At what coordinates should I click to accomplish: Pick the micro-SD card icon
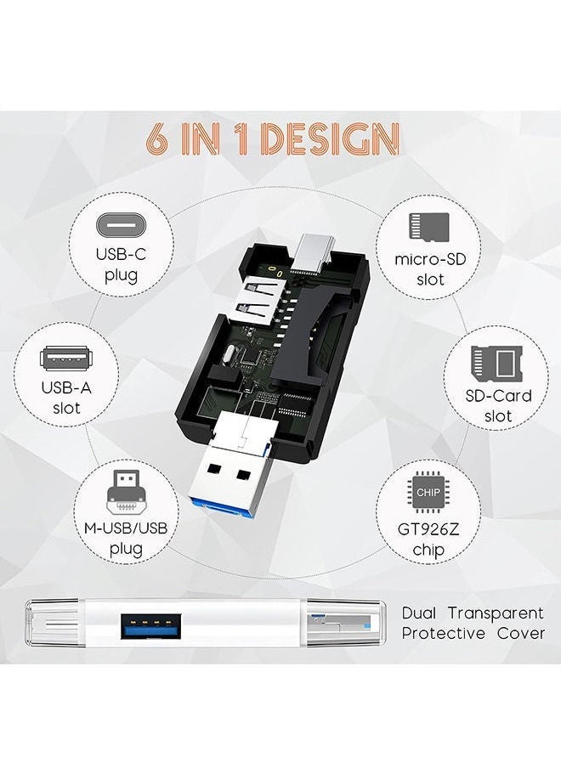pos(430,225)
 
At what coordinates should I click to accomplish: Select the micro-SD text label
pos(430,257)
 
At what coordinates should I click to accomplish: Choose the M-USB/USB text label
pos(126,528)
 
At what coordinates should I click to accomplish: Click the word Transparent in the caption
pos(502,613)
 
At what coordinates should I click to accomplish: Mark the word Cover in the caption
pos(520,634)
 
